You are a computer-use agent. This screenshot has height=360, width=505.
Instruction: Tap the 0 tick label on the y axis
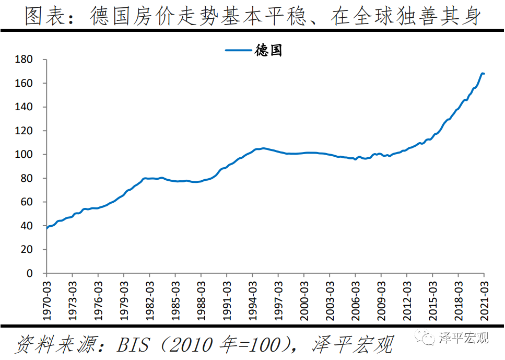[30, 273]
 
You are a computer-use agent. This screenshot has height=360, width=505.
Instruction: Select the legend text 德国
[269, 51]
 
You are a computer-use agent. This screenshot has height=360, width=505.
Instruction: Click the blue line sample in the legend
[239, 51]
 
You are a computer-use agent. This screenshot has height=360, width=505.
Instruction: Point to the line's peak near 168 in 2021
[482, 73]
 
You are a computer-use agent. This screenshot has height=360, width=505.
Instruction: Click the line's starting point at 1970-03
[46, 228]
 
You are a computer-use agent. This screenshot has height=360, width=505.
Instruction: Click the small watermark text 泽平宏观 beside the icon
[463, 338]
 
